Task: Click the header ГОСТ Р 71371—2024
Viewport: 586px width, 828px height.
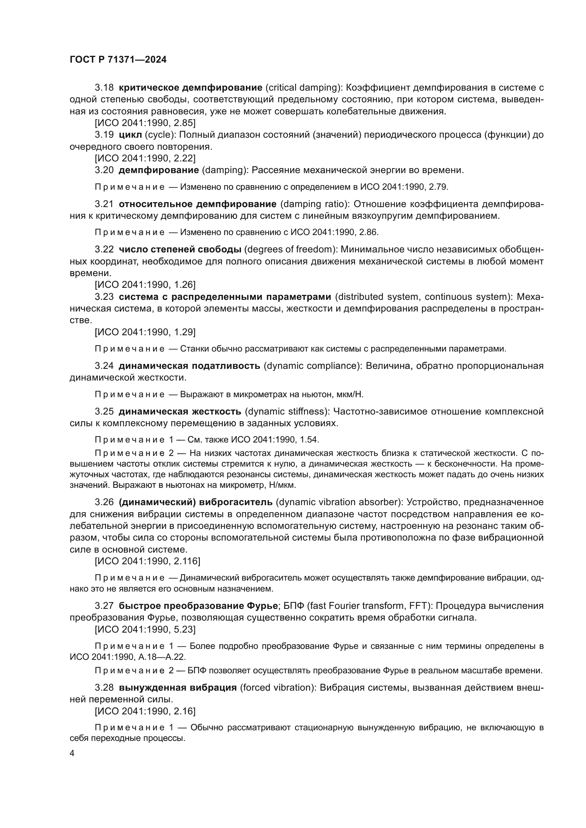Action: click(118, 60)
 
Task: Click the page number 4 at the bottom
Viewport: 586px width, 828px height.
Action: click(72, 753)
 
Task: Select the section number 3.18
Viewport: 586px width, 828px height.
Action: click(104, 88)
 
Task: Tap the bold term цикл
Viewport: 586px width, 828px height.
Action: click(130, 135)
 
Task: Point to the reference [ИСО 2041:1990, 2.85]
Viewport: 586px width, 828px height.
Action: click(145, 123)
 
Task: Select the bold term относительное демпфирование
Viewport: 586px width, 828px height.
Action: click(197, 204)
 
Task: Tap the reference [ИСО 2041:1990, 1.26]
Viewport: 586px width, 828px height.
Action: click(145, 285)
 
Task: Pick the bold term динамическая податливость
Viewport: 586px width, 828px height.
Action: click(190, 366)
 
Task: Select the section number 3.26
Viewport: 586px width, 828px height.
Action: click(104, 502)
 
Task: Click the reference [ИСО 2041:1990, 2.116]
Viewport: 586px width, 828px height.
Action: click(147, 561)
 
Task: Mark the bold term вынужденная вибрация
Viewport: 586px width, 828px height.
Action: click(178, 687)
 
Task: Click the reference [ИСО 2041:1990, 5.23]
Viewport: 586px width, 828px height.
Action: click(145, 629)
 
